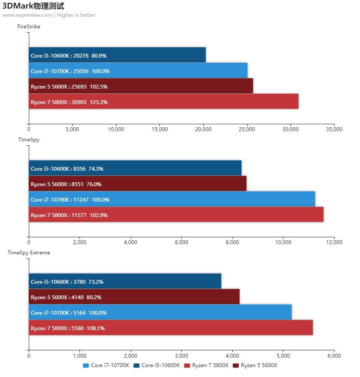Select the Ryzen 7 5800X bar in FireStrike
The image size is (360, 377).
click(163, 102)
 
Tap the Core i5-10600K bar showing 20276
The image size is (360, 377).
click(117, 55)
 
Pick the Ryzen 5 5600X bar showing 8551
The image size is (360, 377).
click(137, 184)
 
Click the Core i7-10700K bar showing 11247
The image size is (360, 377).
click(172, 199)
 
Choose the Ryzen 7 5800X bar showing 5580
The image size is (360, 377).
click(171, 328)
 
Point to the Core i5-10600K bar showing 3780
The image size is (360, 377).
click(125, 282)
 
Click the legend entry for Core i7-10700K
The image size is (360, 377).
click(106, 365)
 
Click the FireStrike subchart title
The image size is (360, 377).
click(29, 27)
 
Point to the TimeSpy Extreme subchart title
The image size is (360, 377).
click(29, 253)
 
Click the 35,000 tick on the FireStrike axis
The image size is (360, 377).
click(334, 129)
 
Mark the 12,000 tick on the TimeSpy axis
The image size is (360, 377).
click(334, 242)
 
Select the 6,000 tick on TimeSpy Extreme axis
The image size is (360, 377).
click(334, 356)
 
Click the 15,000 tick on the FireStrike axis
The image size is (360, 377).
click(160, 129)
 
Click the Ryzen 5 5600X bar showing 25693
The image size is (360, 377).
click(141, 86)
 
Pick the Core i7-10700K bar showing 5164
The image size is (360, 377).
click(160, 313)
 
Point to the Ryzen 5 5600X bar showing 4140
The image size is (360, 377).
click(134, 297)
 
